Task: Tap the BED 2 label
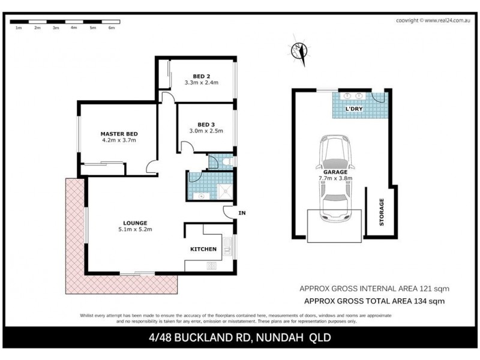tap(201, 76)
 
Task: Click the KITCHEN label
tap(203, 249)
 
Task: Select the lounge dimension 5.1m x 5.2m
tap(134, 229)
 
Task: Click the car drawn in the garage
tap(337, 178)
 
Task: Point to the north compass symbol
tap(298, 52)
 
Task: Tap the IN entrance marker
tap(242, 213)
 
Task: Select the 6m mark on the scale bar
tap(111, 28)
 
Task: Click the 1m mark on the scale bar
tap(18, 28)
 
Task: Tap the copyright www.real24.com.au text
tap(433, 20)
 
